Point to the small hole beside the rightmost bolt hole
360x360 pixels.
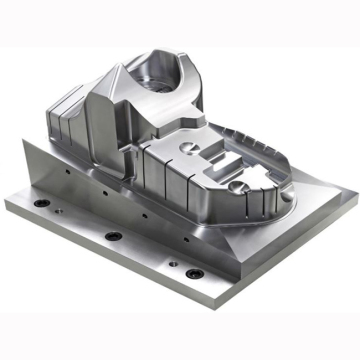(173, 264)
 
